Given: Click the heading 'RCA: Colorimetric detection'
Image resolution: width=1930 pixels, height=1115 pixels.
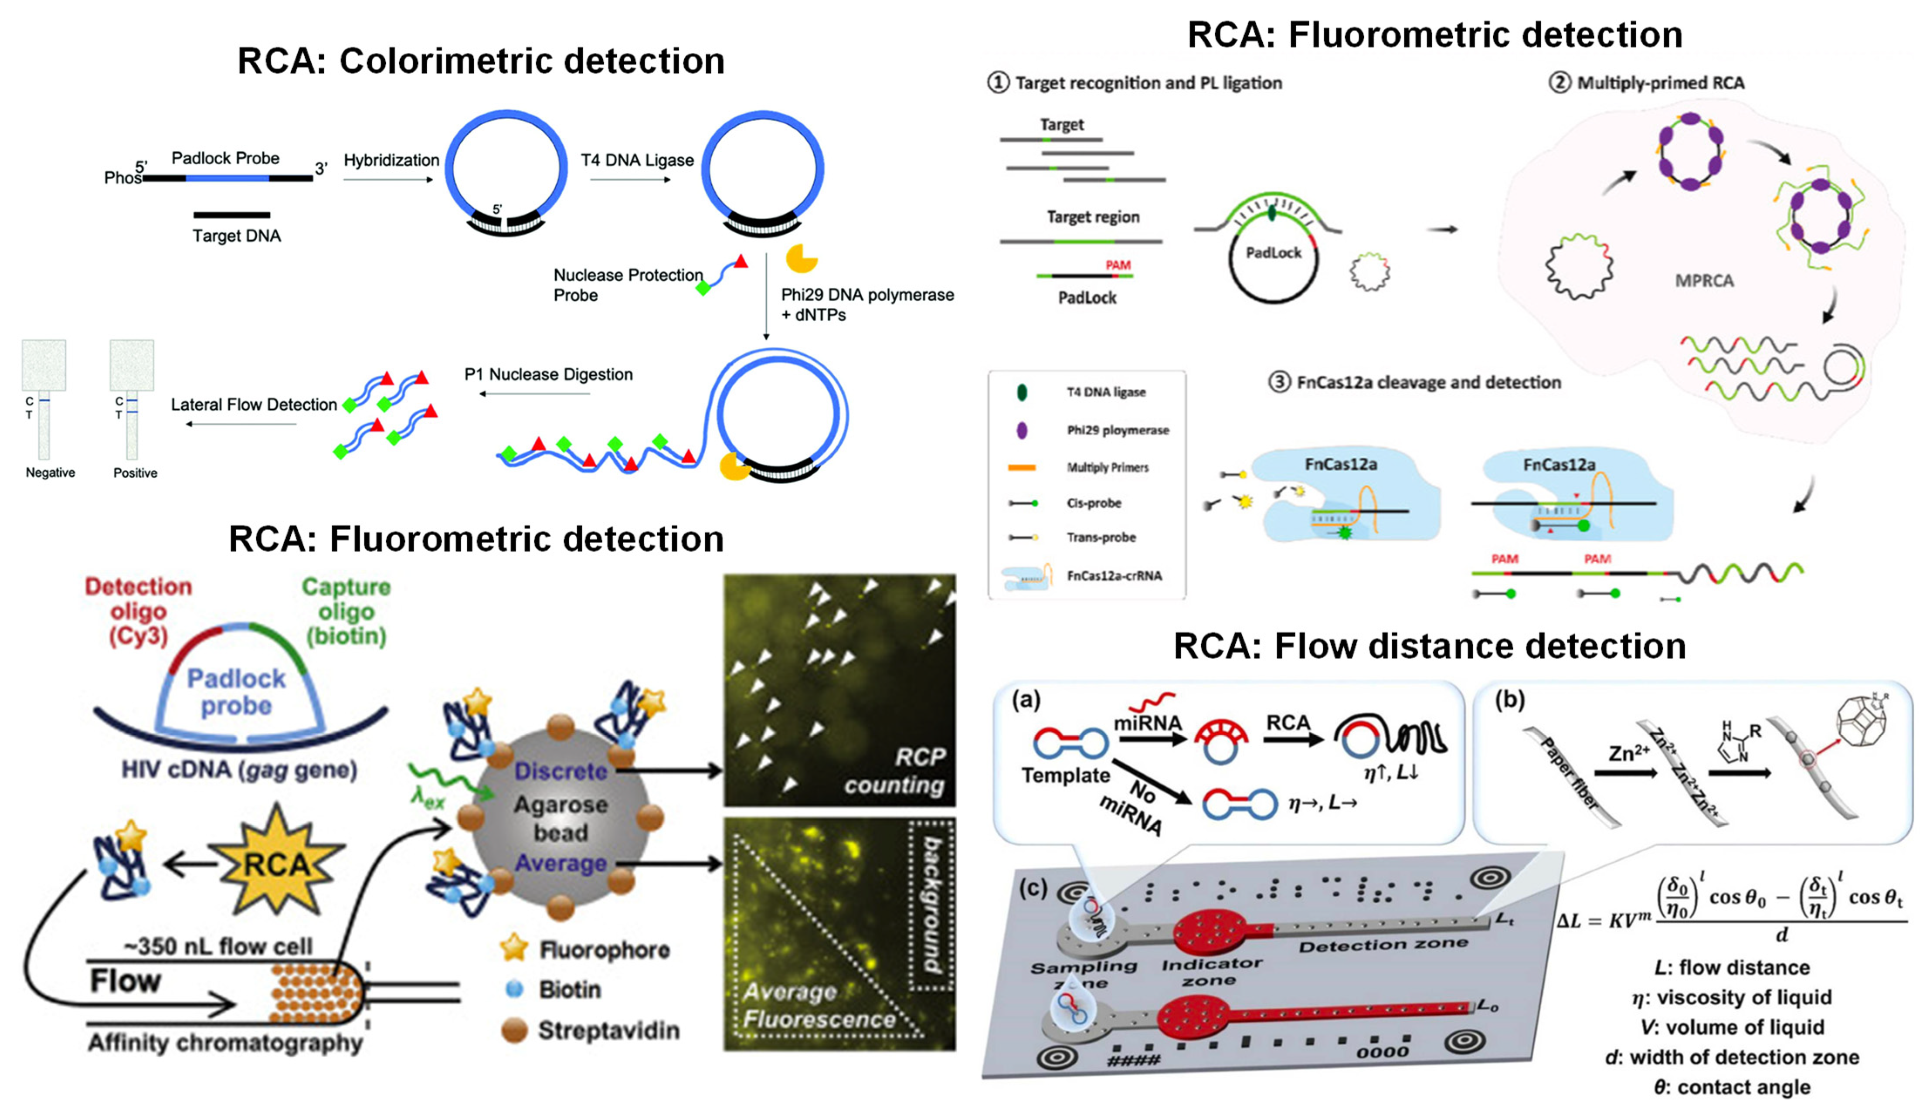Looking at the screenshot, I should click(x=481, y=61).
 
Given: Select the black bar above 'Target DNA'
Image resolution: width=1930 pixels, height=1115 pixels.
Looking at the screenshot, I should click(x=232, y=215).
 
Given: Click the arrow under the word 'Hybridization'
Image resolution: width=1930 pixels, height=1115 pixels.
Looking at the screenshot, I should click(x=388, y=180).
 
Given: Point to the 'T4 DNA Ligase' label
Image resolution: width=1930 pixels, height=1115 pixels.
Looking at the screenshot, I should click(x=637, y=160).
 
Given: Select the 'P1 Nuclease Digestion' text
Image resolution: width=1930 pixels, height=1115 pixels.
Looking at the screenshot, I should click(x=548, y=374).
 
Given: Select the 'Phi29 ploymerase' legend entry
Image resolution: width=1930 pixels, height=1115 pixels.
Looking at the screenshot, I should click(x=1116, y=430).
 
